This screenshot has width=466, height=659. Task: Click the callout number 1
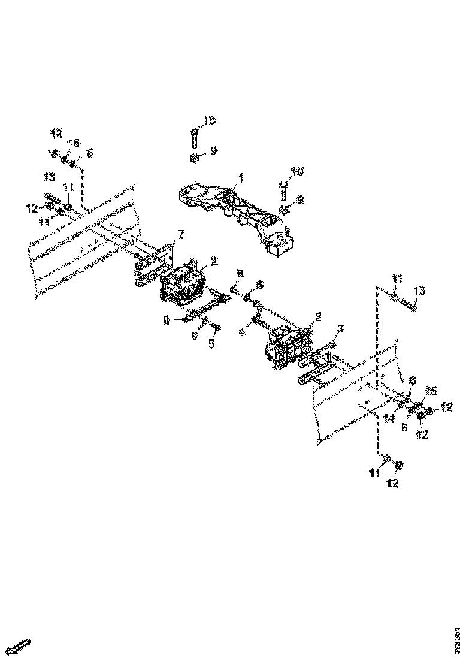(x=241, y=177)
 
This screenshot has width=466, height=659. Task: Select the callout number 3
(x=340, y=329)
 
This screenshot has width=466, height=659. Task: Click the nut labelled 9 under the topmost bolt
(x=194, y=158)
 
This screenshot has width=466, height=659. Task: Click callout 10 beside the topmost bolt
(x=208, y=121)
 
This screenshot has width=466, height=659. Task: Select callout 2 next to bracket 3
(x=319, y=316)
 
